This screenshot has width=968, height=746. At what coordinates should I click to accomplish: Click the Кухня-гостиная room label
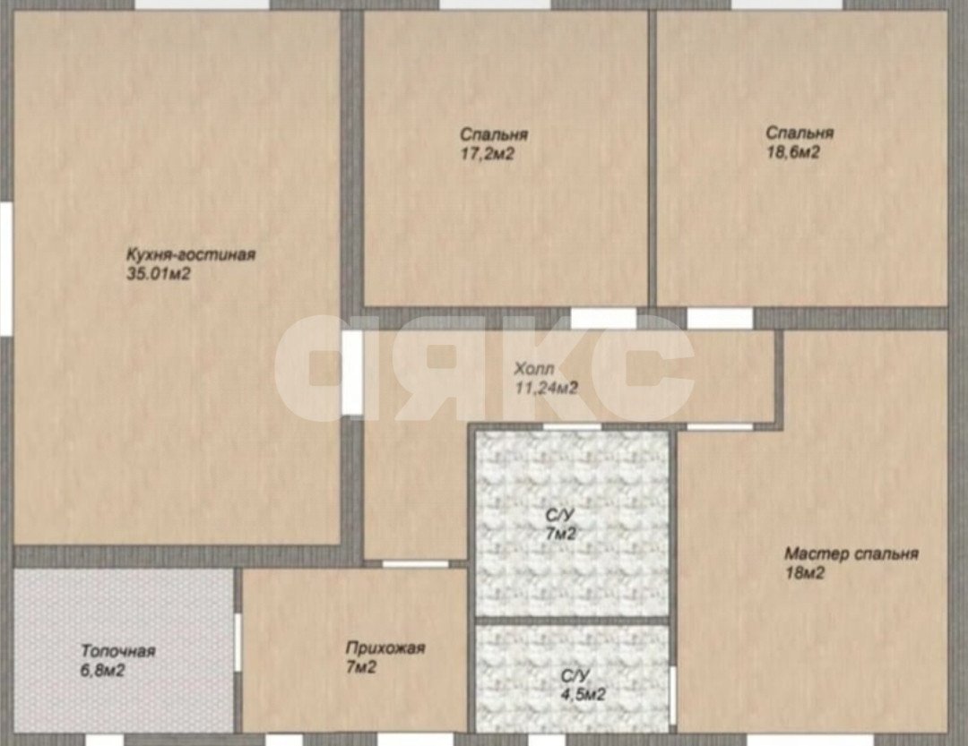point(191,255)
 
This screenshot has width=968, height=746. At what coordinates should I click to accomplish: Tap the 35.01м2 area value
point(159,274)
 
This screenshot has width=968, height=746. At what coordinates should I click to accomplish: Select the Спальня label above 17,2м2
point(494,134)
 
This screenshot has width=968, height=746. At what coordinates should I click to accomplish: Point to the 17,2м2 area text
point(487,154)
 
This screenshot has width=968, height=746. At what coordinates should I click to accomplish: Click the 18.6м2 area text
point(792,151)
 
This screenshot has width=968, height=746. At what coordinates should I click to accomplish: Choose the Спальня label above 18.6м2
point(799,133)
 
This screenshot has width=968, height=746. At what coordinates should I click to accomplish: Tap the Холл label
point(534,369)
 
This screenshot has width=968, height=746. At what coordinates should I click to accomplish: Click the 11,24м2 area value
point(547,388)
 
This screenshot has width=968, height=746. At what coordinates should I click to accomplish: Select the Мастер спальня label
point(851,554)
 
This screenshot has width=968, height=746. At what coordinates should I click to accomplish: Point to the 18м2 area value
point(804,573)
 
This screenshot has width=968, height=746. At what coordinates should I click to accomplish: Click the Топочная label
point(118,651)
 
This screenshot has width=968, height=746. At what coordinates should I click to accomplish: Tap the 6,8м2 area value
point(102,670)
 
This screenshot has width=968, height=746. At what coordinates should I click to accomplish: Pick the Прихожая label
point(385,648)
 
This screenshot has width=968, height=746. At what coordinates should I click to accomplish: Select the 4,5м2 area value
point(583,694)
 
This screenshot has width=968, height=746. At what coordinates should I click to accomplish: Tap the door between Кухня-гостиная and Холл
point(352,373)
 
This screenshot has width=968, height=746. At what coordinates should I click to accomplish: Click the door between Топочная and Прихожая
point(237,642)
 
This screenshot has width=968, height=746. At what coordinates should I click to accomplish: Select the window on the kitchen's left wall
point(5,269)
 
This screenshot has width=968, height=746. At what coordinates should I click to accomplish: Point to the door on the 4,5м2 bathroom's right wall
point(673,692)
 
